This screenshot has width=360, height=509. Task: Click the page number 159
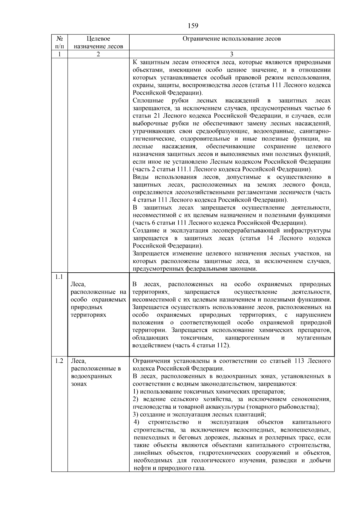193,26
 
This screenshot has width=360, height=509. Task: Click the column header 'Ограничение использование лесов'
232,39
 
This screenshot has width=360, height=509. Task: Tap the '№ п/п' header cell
59,42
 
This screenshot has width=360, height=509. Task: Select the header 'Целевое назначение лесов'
98,42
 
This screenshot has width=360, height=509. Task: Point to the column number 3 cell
232,54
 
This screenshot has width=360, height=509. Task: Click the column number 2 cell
98,54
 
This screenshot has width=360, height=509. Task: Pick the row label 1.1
59,277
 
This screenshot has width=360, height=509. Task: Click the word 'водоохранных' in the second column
91,376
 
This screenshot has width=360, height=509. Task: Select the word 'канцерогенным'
247,338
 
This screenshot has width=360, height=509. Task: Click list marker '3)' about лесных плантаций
136,415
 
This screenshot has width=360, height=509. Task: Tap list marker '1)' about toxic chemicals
136,391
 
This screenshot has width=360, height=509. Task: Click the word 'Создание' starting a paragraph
145,231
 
